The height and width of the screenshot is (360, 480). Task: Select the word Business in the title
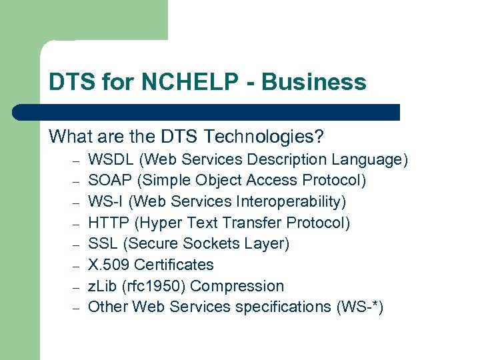[x=314, y=82]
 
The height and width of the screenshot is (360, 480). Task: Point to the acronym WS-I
[x=103, y=201]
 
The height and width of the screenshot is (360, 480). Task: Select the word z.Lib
[x=102, y=286]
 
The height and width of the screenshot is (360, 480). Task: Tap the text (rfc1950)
[x=153, y=286]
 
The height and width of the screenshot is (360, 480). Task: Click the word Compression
[x=237, y=286]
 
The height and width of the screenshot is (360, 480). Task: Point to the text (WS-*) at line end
[x=361, y=307]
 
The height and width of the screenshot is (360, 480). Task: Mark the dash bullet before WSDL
[x=76, y=161]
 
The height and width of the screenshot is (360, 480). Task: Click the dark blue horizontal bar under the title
[x=207, y=112]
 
